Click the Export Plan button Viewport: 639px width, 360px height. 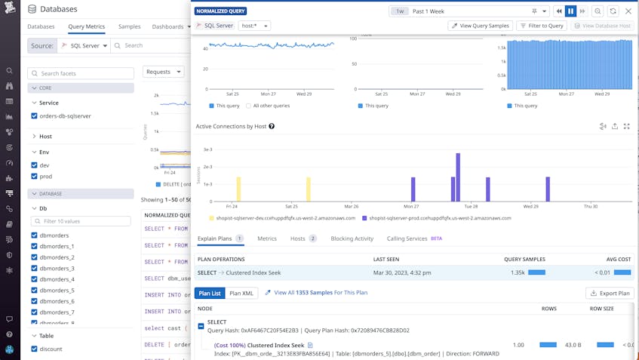610,293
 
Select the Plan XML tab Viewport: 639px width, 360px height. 241,293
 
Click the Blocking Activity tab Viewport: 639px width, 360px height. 352,238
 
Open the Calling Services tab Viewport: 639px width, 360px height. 407,238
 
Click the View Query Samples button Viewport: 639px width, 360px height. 480,26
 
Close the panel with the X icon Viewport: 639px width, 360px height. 628,11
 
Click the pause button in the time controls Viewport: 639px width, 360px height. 570,11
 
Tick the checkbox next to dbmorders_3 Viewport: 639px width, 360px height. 35,268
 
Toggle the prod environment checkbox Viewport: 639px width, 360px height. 35,176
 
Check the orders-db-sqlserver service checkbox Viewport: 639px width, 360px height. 35,116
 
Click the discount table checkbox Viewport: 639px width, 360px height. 35,349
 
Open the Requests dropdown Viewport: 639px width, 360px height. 163,72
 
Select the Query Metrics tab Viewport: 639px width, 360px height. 86,26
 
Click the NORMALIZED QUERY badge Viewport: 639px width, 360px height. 221,11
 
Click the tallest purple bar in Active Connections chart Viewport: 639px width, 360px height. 458,177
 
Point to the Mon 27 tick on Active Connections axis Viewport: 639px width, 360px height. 410,206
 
